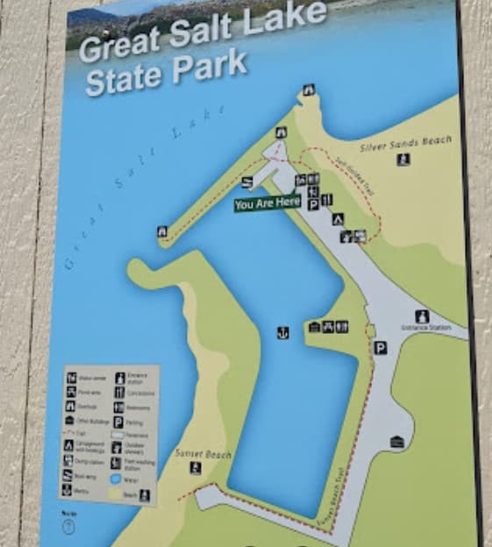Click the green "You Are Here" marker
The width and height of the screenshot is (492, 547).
267,204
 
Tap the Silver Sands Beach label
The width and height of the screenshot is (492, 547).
405,141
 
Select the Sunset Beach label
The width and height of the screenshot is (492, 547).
203,454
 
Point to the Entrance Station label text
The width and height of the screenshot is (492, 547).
426,327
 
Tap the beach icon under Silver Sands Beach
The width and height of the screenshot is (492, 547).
403,160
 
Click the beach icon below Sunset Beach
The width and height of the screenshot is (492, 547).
195,468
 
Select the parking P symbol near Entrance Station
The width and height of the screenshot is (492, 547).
380,347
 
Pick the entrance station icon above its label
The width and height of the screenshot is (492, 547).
422,315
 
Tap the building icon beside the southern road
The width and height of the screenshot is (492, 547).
397,442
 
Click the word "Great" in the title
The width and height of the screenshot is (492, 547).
114,43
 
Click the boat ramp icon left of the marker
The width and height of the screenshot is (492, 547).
248,181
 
